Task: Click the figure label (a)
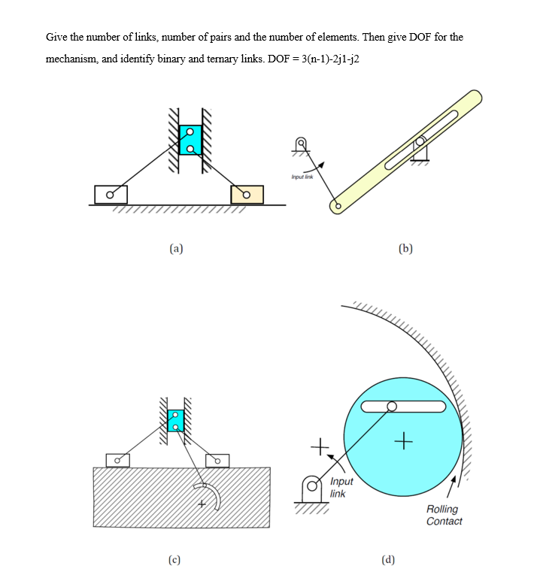[176, 249]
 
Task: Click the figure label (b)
[405, 249]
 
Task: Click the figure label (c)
[174, 560]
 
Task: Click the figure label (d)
[388, 560]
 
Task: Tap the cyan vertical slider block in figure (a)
[190, 140]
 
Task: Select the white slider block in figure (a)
[111, 195]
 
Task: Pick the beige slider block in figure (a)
[247, 195]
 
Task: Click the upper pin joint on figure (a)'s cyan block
[190, 132]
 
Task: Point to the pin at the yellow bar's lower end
[338, 206]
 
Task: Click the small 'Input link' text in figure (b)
[302, 177]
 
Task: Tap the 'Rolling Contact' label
[444, 515]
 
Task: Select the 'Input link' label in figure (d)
[341, 488]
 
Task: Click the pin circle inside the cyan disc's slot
[392, 407]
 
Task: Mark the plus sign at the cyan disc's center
[404, 441]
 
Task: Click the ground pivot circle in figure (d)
[312, 486]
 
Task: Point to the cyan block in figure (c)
[175, 421]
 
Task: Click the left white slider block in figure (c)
[117, 461]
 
